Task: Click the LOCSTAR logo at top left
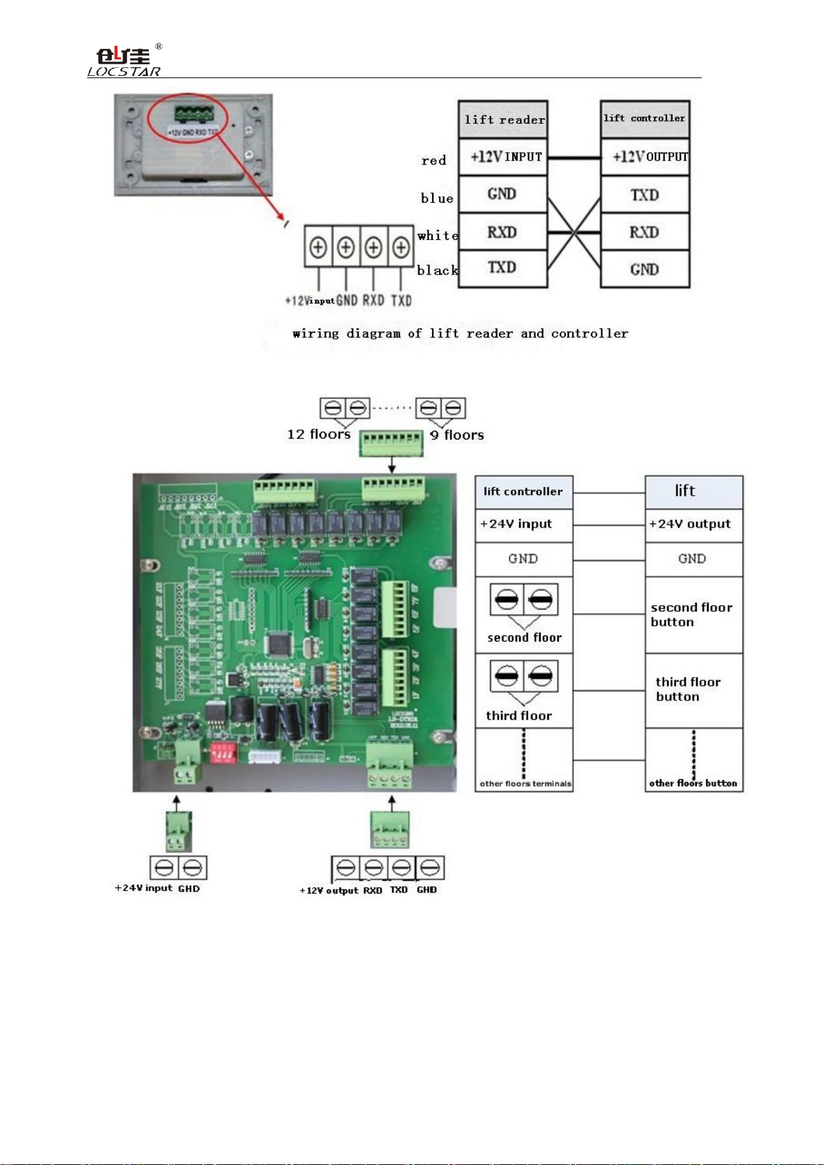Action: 124,62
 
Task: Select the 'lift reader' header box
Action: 503,120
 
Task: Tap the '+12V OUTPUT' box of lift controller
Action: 646,157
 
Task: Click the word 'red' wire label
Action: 433,160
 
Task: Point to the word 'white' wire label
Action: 438,236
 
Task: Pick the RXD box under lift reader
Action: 503,232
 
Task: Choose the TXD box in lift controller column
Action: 645,195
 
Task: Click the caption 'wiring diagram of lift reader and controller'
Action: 460,334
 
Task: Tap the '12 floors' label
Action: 319,434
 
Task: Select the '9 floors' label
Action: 457,435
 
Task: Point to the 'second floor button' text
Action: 691,615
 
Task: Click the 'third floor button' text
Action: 688,689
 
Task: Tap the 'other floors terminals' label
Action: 525,783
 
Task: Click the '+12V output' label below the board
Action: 329,891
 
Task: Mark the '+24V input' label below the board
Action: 143,888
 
